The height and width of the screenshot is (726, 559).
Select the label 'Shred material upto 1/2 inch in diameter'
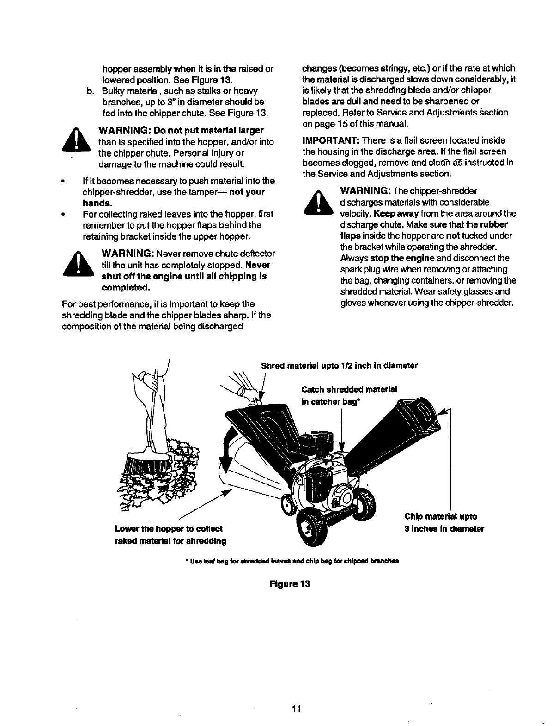pyautogui.click(x=340, y=366)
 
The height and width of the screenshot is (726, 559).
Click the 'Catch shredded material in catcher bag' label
pyautogui.click(x=349, y=395)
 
